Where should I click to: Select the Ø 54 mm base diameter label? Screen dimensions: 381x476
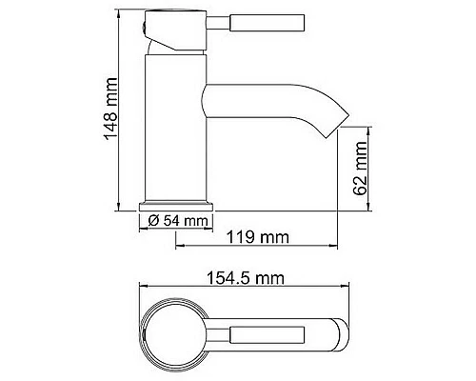point(178,222)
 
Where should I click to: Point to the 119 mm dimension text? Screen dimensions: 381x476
point(256,235)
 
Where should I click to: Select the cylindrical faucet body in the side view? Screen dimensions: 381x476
point(176,124)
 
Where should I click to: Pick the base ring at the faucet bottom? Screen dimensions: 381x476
point(177,205)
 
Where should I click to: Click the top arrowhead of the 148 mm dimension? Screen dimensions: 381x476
point(116,13)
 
